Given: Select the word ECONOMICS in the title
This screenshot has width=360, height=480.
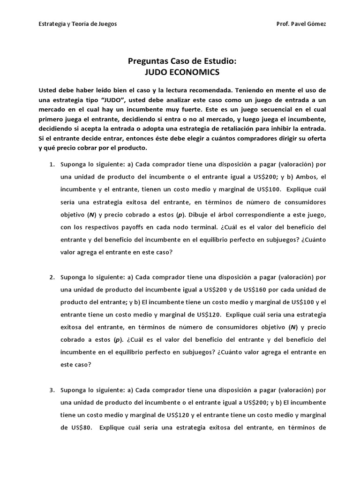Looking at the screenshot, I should coord(195,72).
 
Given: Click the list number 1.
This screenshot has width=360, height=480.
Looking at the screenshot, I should coord(52,165).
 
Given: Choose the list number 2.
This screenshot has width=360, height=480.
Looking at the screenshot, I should coord(52,277).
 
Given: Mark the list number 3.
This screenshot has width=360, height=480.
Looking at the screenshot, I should coord(52,390).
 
